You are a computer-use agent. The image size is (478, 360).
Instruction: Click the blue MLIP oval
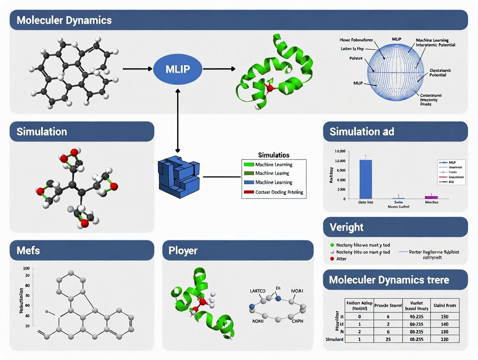click(x=178, y=69)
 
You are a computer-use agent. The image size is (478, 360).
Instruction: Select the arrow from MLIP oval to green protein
click(x=219, y=69)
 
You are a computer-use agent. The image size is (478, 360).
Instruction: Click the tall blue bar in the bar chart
click(x=366, y=179)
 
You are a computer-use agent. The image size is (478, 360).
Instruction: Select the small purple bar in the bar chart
click(x=431, y=197)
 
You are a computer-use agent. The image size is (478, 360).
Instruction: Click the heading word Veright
click(x=346, y=227)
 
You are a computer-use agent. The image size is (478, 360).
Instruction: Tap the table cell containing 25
click(x=388, y=339)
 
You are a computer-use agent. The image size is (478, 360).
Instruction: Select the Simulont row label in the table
click(x=334, y=339)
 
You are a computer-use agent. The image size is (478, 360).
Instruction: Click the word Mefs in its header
click(x=29, y=250)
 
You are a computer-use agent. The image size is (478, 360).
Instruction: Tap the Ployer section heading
click(x=184, y=251)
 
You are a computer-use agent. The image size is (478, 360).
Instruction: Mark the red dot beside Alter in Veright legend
click(x=332, y=259)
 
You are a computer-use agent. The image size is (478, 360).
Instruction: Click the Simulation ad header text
click(x=362, y=132)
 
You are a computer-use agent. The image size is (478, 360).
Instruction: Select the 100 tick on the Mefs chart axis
click(x=27, y=269)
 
